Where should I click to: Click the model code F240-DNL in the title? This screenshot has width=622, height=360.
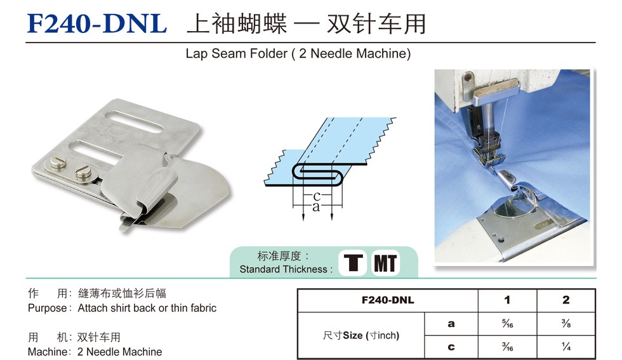96,23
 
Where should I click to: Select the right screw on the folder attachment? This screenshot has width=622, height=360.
83,173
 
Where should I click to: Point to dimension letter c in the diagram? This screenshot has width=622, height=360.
317,196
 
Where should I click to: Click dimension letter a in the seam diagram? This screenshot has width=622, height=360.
316,207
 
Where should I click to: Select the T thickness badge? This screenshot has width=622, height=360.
353,263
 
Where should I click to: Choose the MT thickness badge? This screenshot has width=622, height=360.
385,263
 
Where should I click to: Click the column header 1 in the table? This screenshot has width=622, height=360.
507,300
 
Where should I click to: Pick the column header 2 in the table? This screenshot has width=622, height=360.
566,300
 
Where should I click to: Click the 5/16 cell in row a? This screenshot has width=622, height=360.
507,324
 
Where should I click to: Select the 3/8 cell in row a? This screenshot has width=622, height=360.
566,324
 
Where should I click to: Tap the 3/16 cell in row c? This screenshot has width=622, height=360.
507,347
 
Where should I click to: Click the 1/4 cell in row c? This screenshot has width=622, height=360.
566,347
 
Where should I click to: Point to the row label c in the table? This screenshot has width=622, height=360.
451,347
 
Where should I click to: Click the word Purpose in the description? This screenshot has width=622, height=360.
47,309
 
